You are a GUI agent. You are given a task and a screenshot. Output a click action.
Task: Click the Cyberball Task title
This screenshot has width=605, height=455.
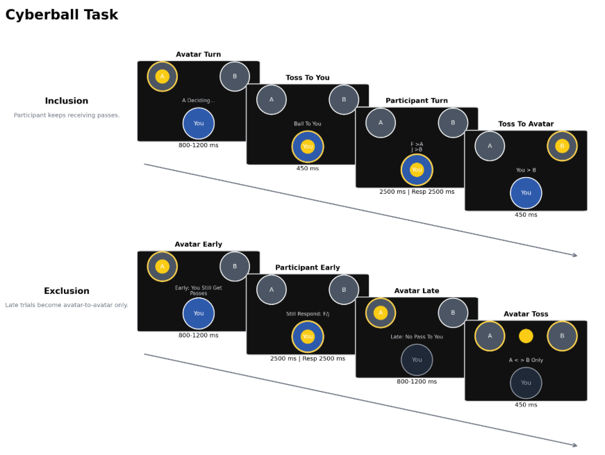pyautogui.click(x=62, y=15)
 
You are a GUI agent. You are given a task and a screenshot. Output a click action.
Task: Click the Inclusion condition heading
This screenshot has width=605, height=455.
pyautogui.click(x=67, y=101)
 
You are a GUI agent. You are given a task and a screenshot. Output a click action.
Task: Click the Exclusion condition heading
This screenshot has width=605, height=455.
pyautogui.click(x=67, y=291)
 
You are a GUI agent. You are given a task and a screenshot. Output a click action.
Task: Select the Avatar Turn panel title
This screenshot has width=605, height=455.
pyautogui.click(x=199, y=54)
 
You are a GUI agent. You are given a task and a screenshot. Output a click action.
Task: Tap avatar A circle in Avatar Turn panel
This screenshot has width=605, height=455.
pyautogui.click(x=163, y=76)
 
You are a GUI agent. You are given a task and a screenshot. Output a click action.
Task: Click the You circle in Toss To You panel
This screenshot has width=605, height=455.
pyautogui.click(x=308, y=147)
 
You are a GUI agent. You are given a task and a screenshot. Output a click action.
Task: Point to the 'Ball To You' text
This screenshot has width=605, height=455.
pyautogui.click(x=308, y=124)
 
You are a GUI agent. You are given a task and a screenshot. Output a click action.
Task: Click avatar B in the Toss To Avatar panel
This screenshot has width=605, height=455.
pyautogui.click(x=562, y=146)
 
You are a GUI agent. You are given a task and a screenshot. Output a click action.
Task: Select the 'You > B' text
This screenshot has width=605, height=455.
pyautogui.click(x=526, y=170)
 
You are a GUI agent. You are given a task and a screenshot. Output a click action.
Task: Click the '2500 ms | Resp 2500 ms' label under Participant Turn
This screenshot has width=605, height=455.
pyautogui.click(x=417, y=192)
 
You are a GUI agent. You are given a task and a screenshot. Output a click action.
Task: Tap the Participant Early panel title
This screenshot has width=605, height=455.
pyautogui.click(x=308, y=267)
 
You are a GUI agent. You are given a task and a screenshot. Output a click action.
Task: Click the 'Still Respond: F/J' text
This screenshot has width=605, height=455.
pyautogui.click(x=308, y=314)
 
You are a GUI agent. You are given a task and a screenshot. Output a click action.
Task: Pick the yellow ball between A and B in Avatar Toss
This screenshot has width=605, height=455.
pyautogui.click(x=526, y=336)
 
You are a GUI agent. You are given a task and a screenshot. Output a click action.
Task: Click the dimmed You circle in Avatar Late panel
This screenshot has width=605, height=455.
pyautogui.click(x=417, y=360)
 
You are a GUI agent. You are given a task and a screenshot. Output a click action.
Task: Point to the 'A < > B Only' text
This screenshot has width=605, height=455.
pyautogui.click(x=526, y=360)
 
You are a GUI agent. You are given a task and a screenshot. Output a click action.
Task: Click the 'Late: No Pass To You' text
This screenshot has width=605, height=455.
pyautogui.click(x=417, y=337)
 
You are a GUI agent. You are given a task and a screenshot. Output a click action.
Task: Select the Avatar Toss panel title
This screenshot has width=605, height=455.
pyautogui.click(x=526, y=314)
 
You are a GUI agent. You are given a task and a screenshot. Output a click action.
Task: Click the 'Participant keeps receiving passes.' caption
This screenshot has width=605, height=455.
pyautogui.click(x=67, y=115)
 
